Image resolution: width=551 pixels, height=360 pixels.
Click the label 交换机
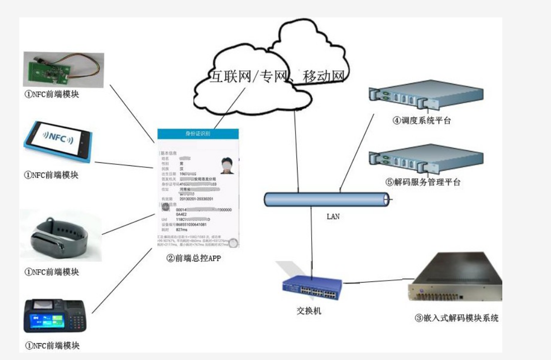click(x=309, y=311)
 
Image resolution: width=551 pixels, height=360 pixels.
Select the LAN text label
click(x=333, y=217)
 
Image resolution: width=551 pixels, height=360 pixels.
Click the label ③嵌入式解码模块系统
click(x=456, y=318)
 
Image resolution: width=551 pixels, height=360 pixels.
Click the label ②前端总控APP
click(x=193, y=258)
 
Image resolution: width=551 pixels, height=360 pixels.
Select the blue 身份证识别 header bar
click(x=198, y=134)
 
